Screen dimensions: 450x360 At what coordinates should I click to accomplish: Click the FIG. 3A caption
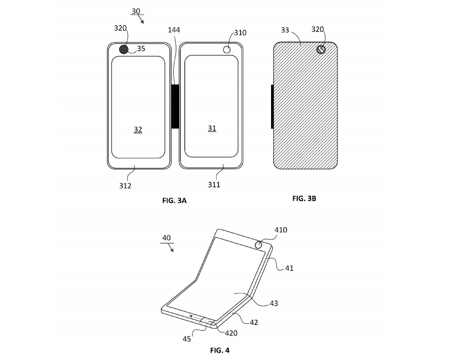(174, 201)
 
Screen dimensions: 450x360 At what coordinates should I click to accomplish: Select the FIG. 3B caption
(304, 198)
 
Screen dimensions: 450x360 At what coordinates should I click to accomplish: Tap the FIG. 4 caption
(220, 350)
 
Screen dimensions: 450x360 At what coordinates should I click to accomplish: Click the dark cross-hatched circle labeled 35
(123, 49)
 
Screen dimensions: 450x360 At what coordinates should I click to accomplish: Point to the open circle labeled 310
(227, 49)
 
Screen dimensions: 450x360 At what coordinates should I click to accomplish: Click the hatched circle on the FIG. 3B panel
(321, 50)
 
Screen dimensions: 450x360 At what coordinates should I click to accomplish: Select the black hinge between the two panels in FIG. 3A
(175, 106)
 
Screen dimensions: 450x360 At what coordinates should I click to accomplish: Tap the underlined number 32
(138, 129)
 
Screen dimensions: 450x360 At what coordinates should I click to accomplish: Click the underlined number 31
(212, 128)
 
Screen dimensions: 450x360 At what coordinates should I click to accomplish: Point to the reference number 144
(174, 30)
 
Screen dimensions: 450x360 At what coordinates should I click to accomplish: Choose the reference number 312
(125, 186)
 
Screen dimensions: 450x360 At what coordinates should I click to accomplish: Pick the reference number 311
(214, 185)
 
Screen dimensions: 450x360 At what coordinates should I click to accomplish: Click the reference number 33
(285, 30)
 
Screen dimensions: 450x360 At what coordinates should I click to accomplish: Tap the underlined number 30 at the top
(136, 11)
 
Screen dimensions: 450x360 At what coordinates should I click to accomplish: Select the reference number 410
(280, 230)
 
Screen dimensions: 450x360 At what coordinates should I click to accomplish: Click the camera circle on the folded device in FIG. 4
(259, 244)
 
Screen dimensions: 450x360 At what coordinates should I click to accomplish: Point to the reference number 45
(187, 339)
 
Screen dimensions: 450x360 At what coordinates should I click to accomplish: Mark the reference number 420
(231, 333)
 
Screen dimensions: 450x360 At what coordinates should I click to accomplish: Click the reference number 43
(274, 303)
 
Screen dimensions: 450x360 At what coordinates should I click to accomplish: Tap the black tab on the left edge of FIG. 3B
(272, 107)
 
